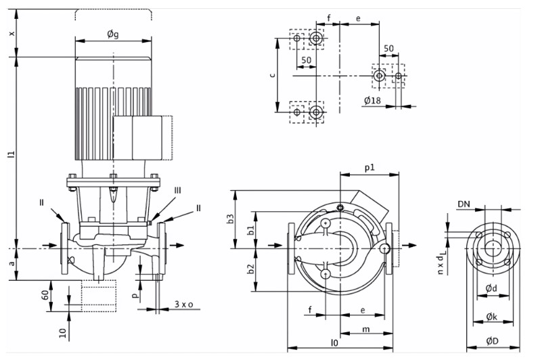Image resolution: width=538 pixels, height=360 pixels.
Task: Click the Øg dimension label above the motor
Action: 113,34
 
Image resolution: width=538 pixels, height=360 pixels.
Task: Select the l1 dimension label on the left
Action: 12,154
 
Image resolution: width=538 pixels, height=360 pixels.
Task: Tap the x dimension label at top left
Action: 12,33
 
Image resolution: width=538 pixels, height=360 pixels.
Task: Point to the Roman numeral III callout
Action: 177,191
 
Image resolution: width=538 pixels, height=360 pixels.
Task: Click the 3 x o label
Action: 184,304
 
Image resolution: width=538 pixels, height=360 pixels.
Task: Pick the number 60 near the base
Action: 45,295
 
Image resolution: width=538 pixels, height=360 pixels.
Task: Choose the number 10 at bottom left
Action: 62,333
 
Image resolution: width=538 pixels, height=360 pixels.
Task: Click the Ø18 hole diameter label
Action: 372,100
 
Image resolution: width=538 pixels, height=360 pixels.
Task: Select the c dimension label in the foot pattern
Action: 273,75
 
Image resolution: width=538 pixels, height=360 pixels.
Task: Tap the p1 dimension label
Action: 369,168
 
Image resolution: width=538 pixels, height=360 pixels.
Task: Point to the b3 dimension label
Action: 231,219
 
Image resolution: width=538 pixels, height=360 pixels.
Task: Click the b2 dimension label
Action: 252,269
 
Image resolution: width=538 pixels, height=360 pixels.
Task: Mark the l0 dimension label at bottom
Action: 334,342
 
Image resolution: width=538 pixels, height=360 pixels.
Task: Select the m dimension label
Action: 366,330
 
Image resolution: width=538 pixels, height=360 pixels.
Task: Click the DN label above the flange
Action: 464,204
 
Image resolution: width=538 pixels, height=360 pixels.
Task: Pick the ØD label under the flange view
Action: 492,341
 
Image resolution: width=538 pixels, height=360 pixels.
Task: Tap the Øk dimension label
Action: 492,317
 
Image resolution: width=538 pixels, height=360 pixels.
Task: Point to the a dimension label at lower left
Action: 12,263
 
